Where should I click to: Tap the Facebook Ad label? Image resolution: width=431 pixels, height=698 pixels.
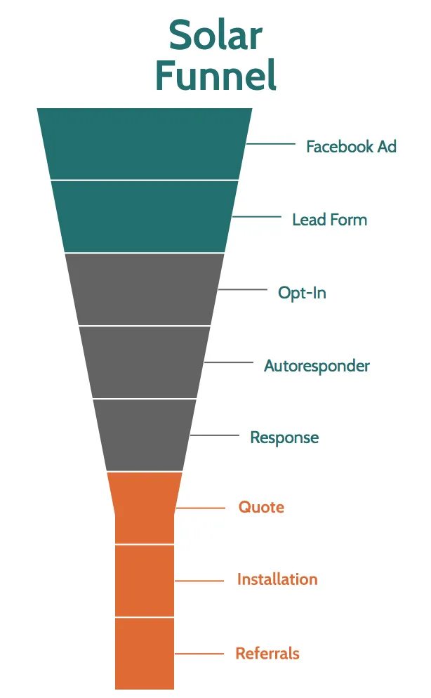(351, 147)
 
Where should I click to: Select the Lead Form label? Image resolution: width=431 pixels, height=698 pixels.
(329, 220)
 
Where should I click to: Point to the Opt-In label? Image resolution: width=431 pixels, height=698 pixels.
(302, 293)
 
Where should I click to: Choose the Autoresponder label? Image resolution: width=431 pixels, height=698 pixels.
(317, 366)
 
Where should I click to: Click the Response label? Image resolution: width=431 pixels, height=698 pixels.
(284, 437)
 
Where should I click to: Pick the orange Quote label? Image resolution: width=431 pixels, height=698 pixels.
(261, 507)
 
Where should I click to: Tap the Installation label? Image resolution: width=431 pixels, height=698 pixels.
(277, 580)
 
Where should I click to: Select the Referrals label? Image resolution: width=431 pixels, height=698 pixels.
(267, 654)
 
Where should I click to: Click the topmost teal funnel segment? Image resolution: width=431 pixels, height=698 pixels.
(145, 144)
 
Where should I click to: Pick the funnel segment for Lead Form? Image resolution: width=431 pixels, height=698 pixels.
(145, 216)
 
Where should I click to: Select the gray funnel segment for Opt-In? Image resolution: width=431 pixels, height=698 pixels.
(145, 289)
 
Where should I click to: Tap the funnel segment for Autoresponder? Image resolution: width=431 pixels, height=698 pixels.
(145, 362)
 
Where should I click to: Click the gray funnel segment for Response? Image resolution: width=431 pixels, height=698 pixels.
(145, 435)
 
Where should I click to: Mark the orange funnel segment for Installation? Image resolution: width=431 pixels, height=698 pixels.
(145, 581)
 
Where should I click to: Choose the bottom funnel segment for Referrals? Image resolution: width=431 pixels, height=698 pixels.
(145, 653)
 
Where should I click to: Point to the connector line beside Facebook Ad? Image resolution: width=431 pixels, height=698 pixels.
(271, 145)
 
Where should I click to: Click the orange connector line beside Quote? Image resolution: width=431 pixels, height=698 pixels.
(200, 508)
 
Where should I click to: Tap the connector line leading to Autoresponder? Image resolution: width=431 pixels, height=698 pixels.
(229, 362)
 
